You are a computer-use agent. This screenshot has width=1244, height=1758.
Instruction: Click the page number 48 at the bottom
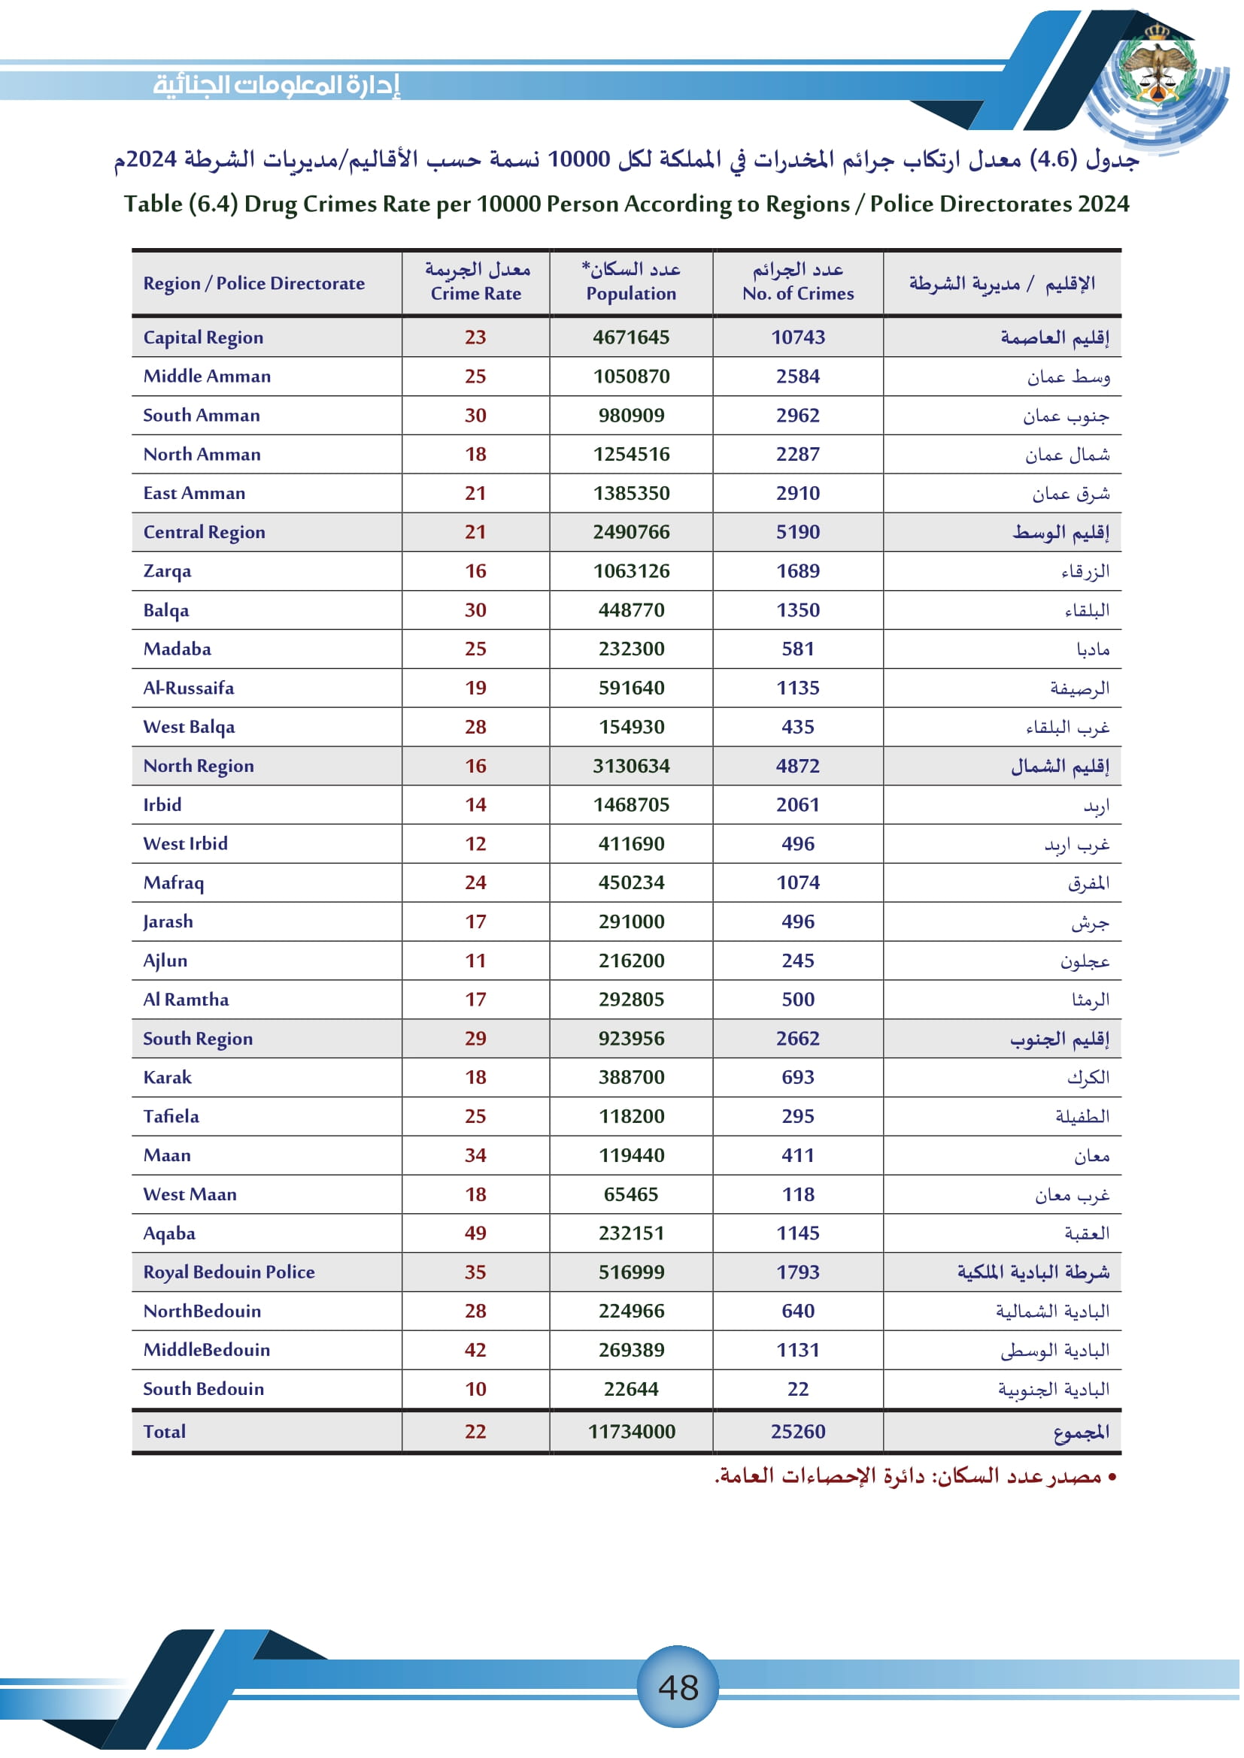pos(678,1687)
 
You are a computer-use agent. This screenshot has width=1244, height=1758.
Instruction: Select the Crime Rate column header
pos(475,282)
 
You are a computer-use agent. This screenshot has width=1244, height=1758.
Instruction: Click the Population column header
pos(631,282)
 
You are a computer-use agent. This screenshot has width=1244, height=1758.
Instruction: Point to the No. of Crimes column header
pos(797,282)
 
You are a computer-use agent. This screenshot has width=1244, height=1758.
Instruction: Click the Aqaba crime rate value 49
pos(475,1233)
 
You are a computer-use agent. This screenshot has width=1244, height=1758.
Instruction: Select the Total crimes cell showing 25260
pos(797,1431)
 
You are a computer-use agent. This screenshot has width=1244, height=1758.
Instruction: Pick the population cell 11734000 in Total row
pos(631,1431)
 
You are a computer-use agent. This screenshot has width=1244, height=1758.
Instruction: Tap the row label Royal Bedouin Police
pos(229,1272)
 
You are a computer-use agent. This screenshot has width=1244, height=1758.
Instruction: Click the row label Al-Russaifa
pos(189,688)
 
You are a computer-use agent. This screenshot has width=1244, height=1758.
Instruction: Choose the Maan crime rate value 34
pos(475,1154)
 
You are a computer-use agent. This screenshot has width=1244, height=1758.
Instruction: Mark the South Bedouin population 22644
pos(631,1388)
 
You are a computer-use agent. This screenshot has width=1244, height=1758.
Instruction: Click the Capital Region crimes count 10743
pos(797,337)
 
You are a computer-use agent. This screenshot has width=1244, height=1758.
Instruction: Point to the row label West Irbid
pos(185,843)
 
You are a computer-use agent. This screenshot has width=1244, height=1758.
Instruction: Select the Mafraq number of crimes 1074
pos(797,882)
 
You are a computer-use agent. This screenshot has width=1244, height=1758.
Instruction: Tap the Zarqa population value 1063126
pos(631,570)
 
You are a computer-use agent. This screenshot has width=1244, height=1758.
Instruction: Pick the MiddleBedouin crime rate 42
pos(475,1349)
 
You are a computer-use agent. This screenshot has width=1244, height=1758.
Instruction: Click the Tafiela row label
pos(171,1115)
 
